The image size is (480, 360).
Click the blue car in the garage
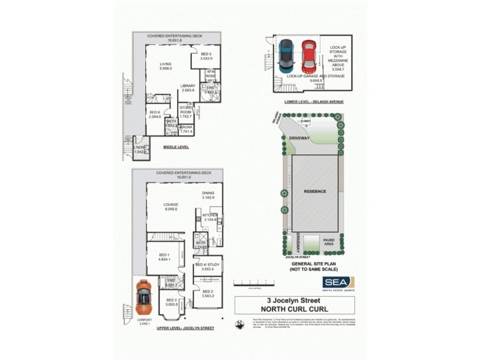pyautogui.click(x=287, y=55)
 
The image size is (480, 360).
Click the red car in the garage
pyautogui.click(x=308, y=55)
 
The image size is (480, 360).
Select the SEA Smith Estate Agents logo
pyautogui.click(x=340, y=282)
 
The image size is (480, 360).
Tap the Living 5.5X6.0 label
pyautogui.click(x=166, y=67)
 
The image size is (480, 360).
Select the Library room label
pyautogui.click(x=188, y=88)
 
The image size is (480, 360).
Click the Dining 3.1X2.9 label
pyautogui.click(x=208, y=195)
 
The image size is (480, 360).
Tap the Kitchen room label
pyautogui.click(x=210, y=217)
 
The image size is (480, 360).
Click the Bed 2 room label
pyautogui.click(x=208, y=294)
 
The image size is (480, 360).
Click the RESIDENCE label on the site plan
pyautogui.click(x=314, y=191)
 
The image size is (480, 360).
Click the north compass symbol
pyautogui.click(x=240, y=326)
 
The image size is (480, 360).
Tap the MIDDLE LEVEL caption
pyautogui.click(x=176, y=145)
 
